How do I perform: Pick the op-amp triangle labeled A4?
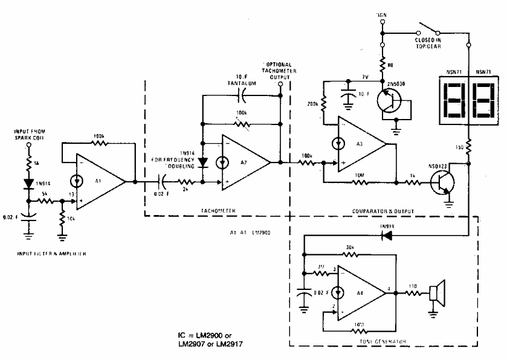(x=360, y=294)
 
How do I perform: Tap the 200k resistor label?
(x=313, y=104)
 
